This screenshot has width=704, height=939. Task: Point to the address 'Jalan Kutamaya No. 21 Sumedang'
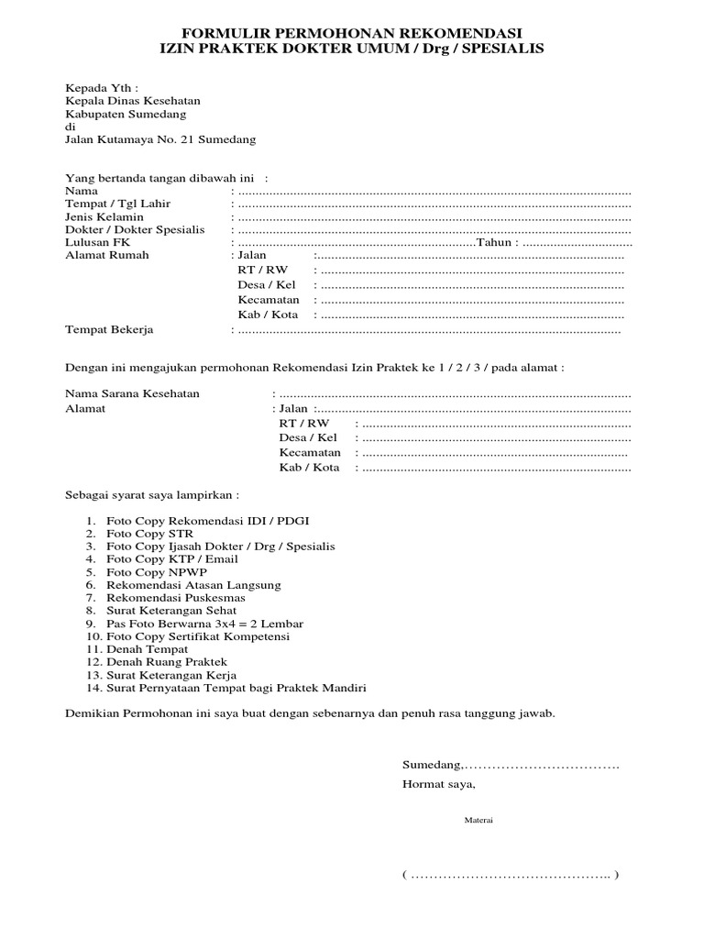click(160, 139)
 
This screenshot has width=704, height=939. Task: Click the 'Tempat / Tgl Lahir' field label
click(117, 203)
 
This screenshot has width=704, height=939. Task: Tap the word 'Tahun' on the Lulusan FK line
click(496, 243)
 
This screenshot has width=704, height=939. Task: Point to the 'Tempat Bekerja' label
click(109, 329)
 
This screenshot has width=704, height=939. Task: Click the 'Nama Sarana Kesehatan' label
click(132, 393)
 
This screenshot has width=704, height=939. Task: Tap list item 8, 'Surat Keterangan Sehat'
click(171, 610)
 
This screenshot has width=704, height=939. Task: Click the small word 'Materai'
click(478, 820)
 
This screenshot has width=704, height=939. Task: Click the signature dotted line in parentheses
click(510, 875)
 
